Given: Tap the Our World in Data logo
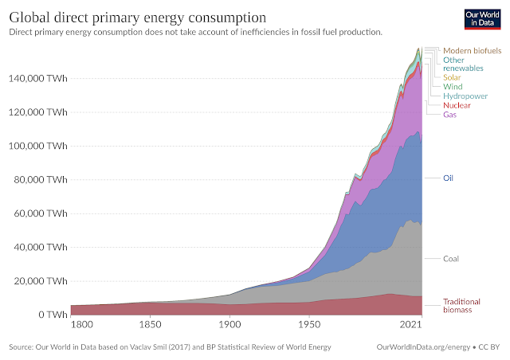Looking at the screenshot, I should [x=481, y=19].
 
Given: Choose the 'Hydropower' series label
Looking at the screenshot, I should [x=465, y=96].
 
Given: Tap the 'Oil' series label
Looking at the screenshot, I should [x=448, y=178].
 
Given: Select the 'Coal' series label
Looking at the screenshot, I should [x=451, y=259].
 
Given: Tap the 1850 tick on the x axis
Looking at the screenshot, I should [x=150, y=326].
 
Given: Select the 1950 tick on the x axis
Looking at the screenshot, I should [x=308, y=326].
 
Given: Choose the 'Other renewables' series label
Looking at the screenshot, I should [x=464, y=64].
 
